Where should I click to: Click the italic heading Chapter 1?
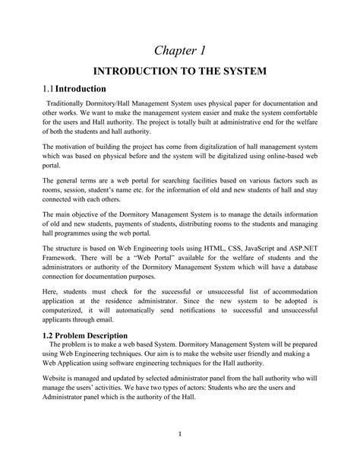[x=180, y=50]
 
